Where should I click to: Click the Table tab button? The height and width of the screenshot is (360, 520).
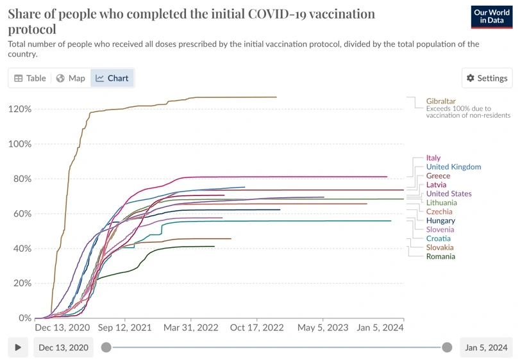(x=30, y=78)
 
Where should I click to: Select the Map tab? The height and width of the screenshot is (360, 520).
(x=71, y=78)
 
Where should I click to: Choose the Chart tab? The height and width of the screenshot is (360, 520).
(x=112, y=78)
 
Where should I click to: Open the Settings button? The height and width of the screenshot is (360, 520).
(x=487, y=78)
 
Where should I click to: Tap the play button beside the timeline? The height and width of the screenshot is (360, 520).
(x=18, y=347)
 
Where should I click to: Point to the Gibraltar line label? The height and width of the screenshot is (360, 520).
(x=441, y=101)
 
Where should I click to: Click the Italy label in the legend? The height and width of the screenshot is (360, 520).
(x=433, y=158)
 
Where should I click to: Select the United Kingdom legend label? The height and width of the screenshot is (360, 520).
(x=453, y=167)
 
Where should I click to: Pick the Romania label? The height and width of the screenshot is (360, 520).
(x=440, y=257)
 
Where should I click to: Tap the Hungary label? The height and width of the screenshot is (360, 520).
(x=440, y=221)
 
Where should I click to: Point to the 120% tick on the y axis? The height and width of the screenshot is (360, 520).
(x=19, y=109)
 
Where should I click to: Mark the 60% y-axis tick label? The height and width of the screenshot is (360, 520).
(x=22, y=213)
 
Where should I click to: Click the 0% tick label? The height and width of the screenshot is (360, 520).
(x=24, y=318)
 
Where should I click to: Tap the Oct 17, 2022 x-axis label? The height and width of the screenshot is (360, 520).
(x=256, y=327)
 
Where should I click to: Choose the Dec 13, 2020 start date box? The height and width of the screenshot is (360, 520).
(x=63, y=347)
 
